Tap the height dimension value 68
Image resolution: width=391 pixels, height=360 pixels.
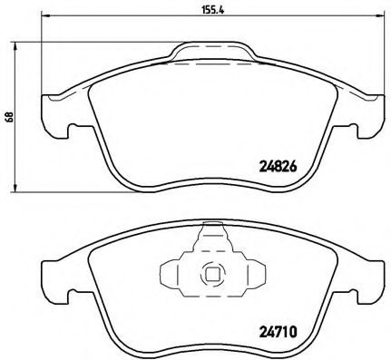(x=10, y=116)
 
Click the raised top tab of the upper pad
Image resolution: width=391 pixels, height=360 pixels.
(x=212, y=49)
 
